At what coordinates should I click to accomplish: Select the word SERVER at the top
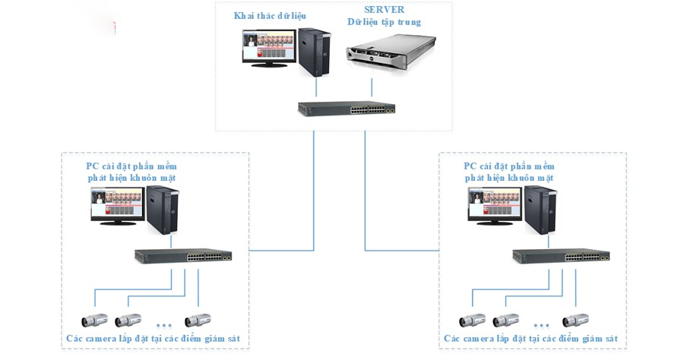point(385,10)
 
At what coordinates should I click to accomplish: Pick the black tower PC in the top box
point(312,51)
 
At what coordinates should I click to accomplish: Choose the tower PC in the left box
point(161,209)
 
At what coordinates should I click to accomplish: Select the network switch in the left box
point(183,256)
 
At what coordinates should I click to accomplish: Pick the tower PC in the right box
point(540,209)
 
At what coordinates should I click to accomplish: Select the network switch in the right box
point(561,256)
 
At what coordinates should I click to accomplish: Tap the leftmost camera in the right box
point(471,320)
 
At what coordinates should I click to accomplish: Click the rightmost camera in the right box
point(575,320)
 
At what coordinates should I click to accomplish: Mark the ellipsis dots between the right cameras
point(540,325)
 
